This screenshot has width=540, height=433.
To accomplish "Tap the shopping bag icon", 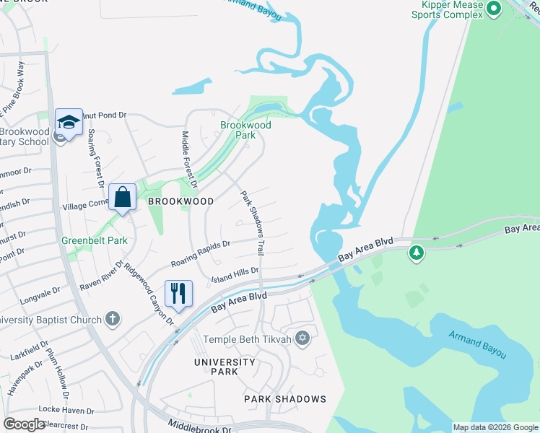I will point(123,196).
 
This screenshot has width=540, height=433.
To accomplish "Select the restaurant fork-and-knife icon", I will point(178,293).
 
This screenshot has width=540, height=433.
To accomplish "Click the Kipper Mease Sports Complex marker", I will point(494,9).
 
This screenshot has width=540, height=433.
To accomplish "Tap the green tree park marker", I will point(416,253).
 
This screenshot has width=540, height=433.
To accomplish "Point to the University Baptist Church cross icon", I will point(112,318).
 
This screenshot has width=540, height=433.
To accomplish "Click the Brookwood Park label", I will point(245,130).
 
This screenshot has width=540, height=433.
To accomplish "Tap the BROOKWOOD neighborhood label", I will point(180,201).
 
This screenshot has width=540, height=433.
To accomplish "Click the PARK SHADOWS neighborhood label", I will point(284,398).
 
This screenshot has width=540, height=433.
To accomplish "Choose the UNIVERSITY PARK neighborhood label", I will point(224,366).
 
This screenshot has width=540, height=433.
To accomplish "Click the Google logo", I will point(24,424).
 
